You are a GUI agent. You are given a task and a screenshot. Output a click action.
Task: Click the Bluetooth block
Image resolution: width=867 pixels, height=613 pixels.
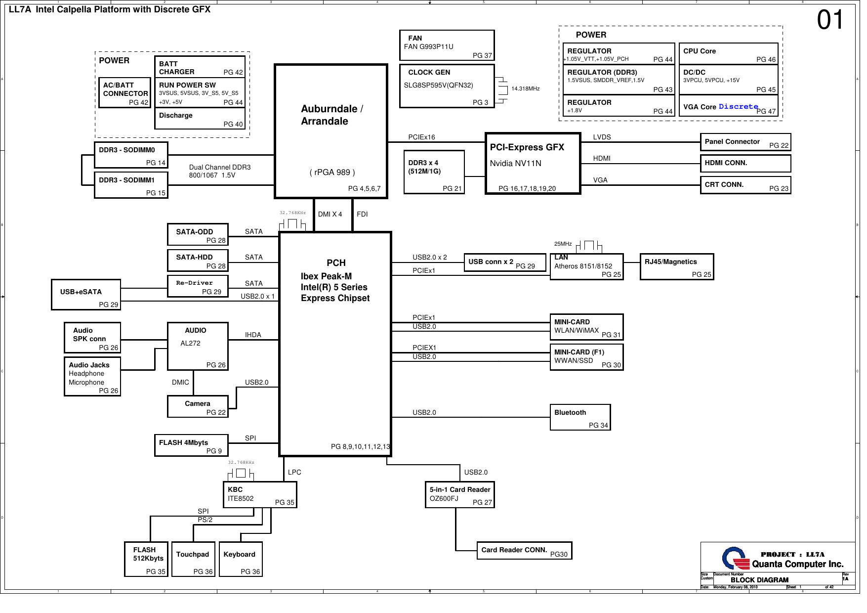580,417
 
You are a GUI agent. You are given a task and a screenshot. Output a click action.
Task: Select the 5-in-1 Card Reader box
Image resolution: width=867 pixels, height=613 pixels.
459,495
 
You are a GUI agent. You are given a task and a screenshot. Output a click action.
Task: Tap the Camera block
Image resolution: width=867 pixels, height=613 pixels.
198,406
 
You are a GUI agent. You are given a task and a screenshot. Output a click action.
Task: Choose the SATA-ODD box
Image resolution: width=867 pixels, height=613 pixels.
198,235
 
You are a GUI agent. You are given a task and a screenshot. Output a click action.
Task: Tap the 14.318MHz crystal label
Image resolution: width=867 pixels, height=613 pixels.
525,89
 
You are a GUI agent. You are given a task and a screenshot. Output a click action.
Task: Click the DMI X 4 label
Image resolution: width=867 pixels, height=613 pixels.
330,214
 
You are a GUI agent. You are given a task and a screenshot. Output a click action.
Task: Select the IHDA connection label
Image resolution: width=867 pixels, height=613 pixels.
253,335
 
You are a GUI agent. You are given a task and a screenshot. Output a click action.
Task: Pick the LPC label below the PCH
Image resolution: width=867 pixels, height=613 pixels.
294,472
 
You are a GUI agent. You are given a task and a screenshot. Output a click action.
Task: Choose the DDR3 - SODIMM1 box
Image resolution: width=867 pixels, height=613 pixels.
131,185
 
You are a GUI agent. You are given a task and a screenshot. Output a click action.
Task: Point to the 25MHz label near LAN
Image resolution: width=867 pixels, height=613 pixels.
563,244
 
